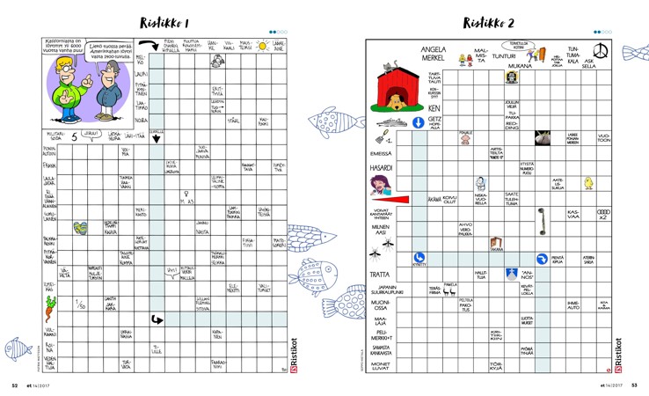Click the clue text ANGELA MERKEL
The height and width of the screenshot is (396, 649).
[434, 54]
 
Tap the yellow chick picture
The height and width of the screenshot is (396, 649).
[588, 184]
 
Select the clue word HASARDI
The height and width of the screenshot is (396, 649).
[381, 168]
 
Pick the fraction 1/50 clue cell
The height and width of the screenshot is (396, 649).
[80, 304]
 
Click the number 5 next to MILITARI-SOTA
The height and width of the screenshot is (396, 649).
[74, 136]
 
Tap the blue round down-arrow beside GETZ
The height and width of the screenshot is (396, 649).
[418, 123]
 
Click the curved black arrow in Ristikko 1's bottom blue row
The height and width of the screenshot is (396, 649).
[157, 319]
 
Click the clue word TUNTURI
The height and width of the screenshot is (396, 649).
[503, 55]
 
